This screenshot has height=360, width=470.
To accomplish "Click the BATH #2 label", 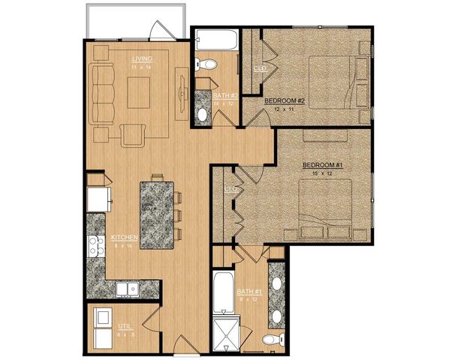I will click(x=206, y=96).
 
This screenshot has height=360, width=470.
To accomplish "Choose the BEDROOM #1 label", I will click(x=322, y=164).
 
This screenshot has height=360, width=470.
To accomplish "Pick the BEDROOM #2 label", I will click(x=285, y=100).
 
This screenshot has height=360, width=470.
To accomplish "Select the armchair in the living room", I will click(x=133, y=135).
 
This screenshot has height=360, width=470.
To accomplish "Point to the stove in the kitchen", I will click(x=96, y=247).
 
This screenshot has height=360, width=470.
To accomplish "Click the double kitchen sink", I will click(x=125, y=288).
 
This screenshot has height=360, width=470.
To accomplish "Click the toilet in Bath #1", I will click(x=271, y=340).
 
